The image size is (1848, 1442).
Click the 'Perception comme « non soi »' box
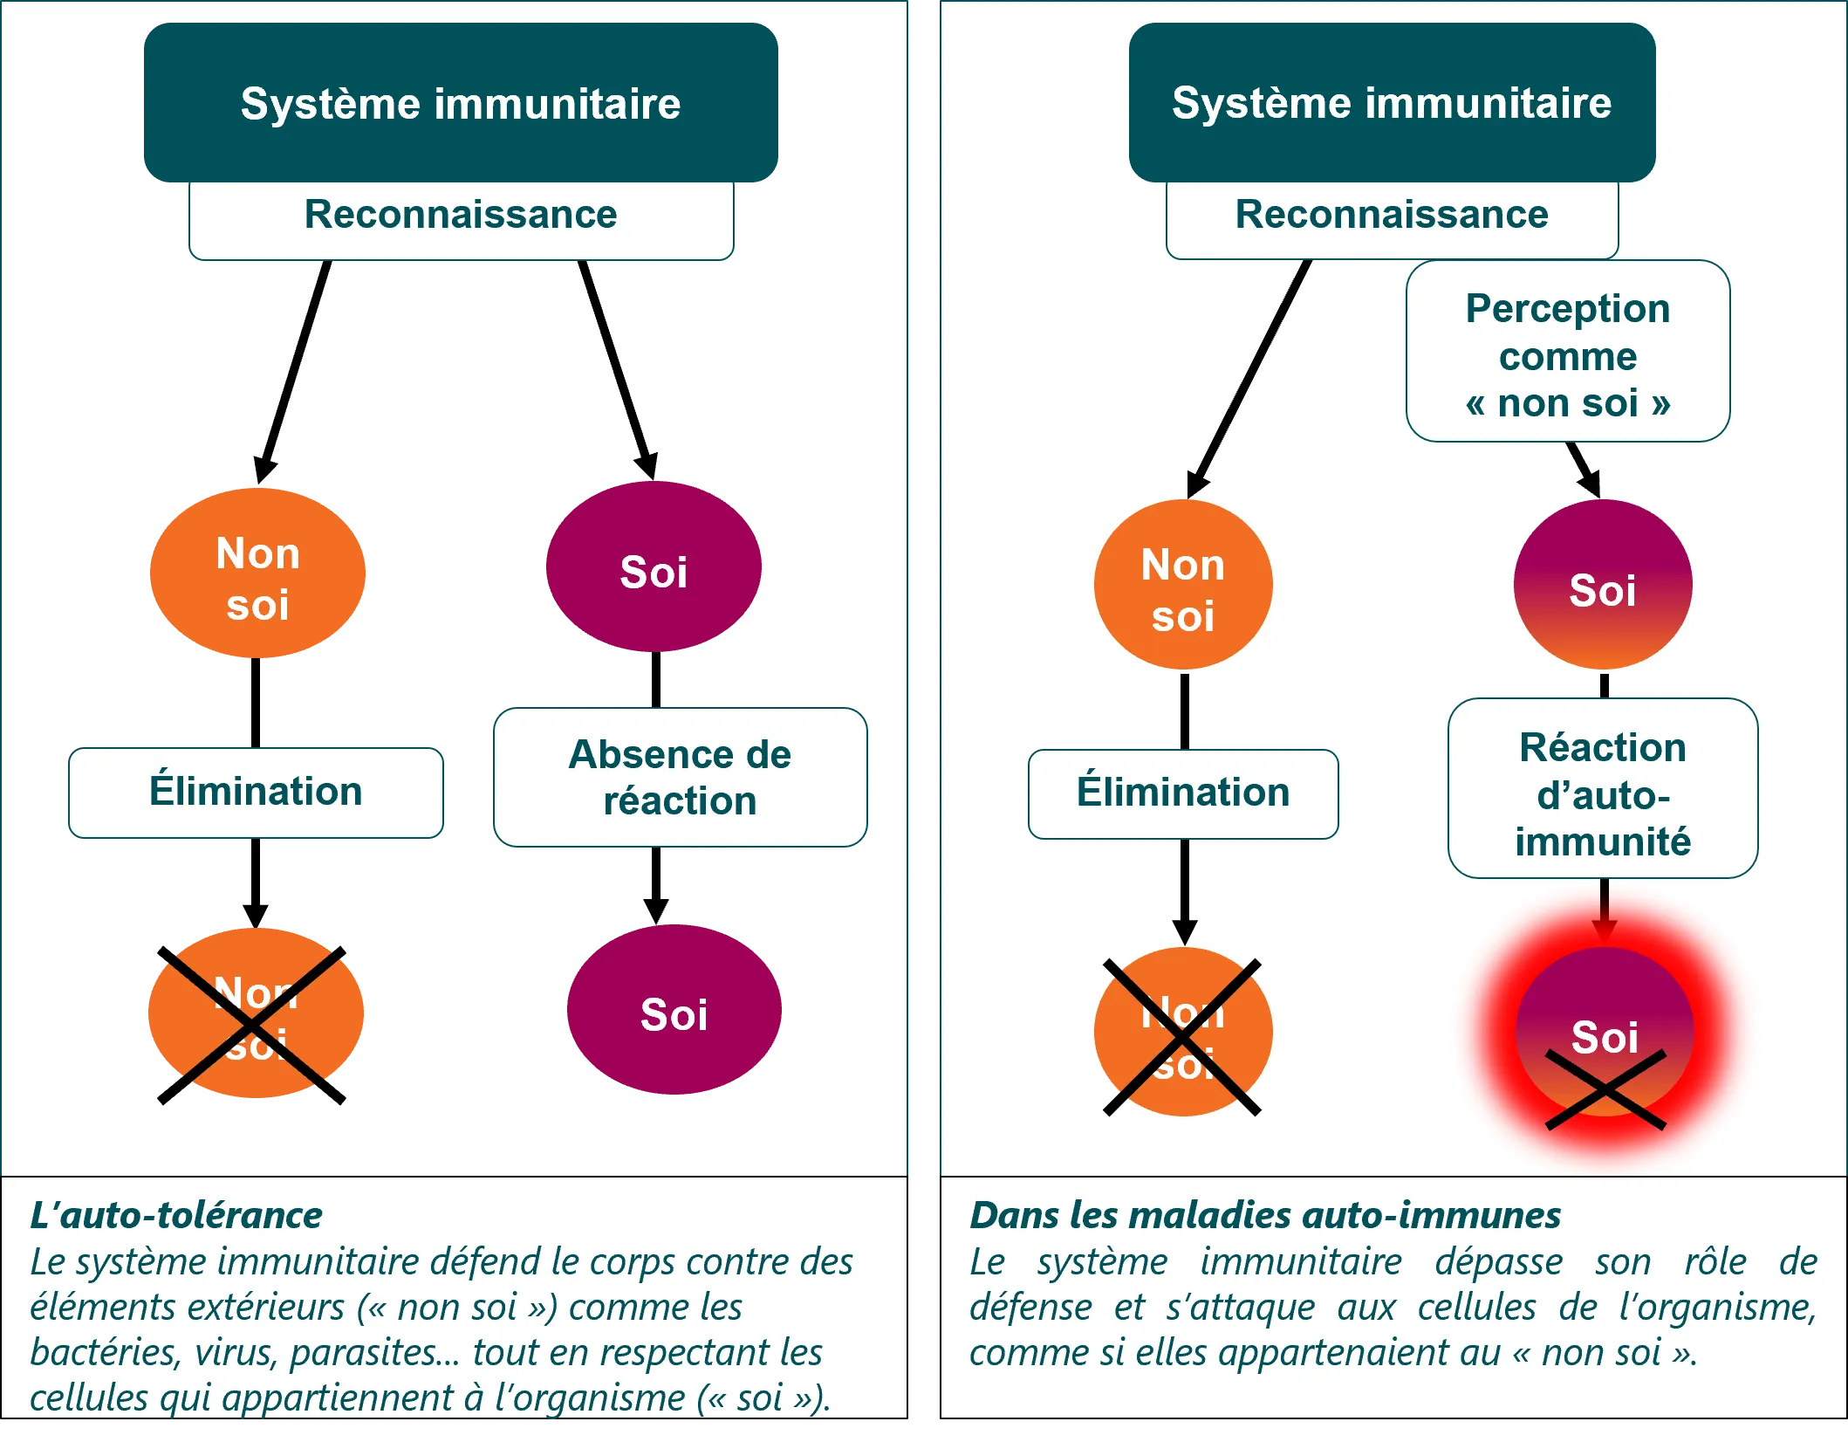click(x=1567, y=352)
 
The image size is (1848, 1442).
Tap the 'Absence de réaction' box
click(x=680, y=777)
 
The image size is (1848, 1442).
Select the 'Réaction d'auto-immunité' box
click(x=1602, y=788)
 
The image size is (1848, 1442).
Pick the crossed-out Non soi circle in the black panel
click(x=256, y=1013)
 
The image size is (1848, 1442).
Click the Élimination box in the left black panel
click(x=256, y=792)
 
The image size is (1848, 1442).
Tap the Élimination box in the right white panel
click(x=1182, y=793)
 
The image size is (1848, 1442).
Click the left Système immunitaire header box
click(x=461, y=103)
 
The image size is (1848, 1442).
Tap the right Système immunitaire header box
click(x=1391, y=103)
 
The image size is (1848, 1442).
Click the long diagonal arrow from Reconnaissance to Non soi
click(x=1252, y=375)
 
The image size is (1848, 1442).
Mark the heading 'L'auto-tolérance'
click(x=176, y=1215)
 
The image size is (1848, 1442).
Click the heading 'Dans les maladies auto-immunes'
click(x=1264, y=1215)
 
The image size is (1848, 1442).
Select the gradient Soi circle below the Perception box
click(x=1602, y=585)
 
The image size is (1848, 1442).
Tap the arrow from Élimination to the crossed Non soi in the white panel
click(x=1184, y=890)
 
